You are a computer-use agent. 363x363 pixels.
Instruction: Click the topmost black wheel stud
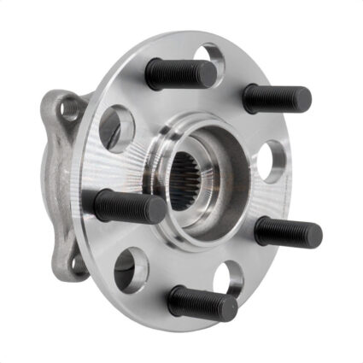point(179,75)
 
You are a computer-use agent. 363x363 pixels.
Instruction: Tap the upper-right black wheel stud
point(275,99)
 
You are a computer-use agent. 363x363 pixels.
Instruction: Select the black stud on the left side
point(128,206)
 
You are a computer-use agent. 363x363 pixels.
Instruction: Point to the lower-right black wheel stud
point(287,231)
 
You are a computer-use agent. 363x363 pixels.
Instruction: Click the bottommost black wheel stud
point(202,303)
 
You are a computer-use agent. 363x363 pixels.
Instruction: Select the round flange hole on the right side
point(271,161)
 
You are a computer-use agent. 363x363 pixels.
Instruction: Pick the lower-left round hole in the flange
point(130,269)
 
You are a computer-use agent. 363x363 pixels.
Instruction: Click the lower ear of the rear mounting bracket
point(77,261)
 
